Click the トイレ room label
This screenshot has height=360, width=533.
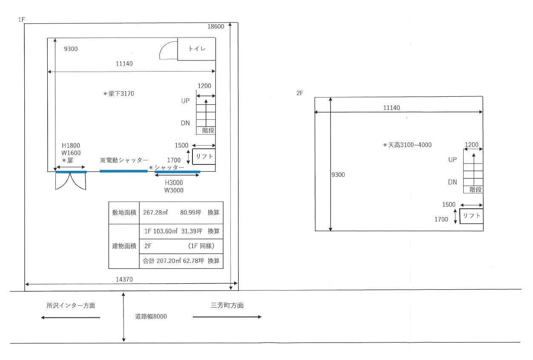197,49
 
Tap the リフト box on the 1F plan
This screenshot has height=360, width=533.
204,156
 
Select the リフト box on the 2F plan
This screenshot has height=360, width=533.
471,216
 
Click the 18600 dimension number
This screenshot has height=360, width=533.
215,26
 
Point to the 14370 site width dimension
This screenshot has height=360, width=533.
124,279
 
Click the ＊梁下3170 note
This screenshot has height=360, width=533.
118,94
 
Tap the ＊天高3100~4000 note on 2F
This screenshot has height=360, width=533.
407,145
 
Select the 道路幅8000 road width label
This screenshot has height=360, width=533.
151,316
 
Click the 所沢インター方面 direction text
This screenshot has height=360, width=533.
71,305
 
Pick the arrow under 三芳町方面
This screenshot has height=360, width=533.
227,317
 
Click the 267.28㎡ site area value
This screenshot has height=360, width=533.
155,212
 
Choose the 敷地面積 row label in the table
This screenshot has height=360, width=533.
124,213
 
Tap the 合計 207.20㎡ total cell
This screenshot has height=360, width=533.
173,261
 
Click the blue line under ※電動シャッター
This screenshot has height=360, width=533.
123,171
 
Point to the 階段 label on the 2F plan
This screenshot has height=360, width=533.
476,190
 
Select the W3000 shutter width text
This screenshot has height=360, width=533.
174,190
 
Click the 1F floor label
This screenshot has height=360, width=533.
21,20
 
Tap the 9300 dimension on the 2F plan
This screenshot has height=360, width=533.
338,175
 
